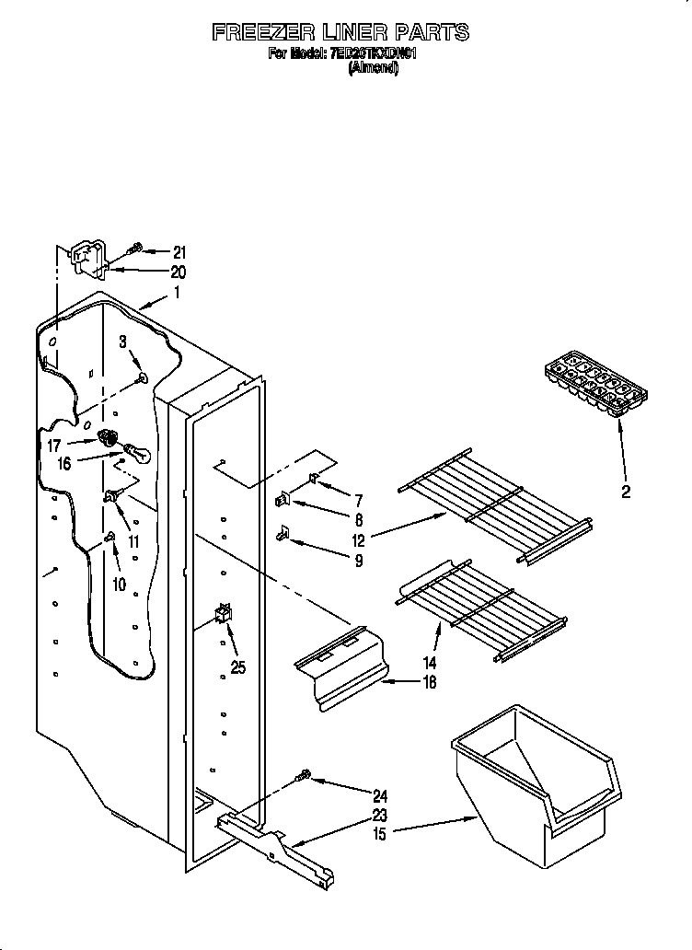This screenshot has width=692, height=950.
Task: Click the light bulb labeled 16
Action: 135,451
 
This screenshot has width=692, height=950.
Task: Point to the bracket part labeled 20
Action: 87,256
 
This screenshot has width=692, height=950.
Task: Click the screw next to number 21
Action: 134,249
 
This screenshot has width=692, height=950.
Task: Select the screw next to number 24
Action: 302,779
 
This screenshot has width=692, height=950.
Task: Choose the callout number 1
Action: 177,294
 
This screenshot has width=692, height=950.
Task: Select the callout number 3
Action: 122,342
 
